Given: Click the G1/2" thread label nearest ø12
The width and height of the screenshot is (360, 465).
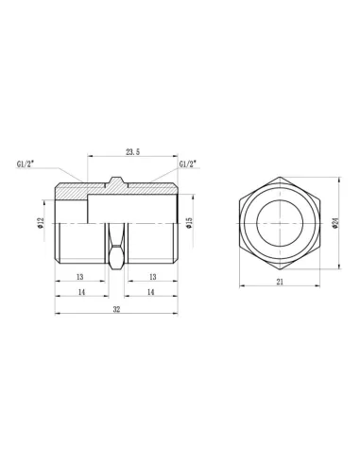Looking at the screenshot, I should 27,164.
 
